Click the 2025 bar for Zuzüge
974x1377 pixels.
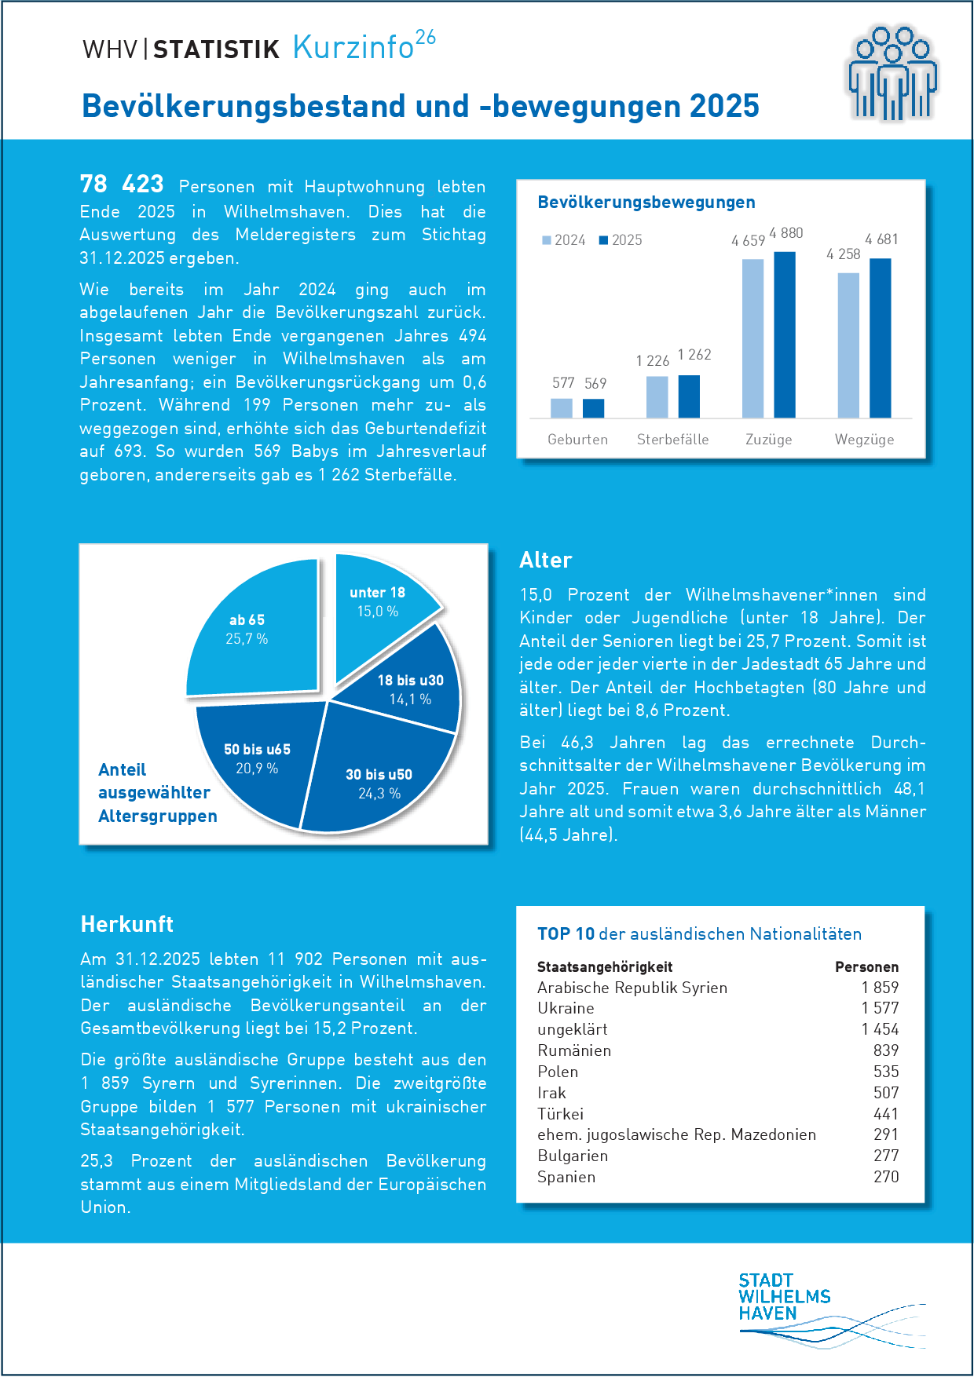tap(784, 335)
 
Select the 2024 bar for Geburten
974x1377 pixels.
tap(562, 408)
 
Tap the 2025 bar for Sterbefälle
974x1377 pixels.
tap(689, 396)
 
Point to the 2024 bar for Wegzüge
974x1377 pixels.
tap(848, 345)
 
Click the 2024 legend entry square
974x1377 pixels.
tap(547, 240)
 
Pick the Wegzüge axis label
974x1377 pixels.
tap(864, 440)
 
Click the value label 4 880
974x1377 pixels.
tap(785, 233)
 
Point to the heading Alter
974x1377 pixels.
tap(546, 561)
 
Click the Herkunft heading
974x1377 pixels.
tap(127, 925)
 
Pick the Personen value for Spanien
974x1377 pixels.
tap(886, 1177)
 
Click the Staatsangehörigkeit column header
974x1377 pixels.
tap(605, 967)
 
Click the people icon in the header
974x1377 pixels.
tap(892, 75)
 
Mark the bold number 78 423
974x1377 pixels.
tap(122, 184)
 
